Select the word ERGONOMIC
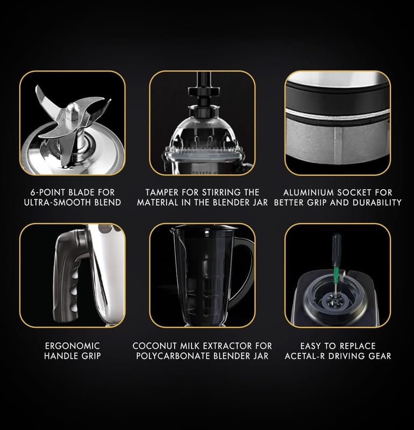coord(73,346)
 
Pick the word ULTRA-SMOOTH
coord(58,203)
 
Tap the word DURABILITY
coord(377,203)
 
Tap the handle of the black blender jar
coord(243,271)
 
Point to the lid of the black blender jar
coord(204,227)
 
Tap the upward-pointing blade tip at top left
coord(38,90)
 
